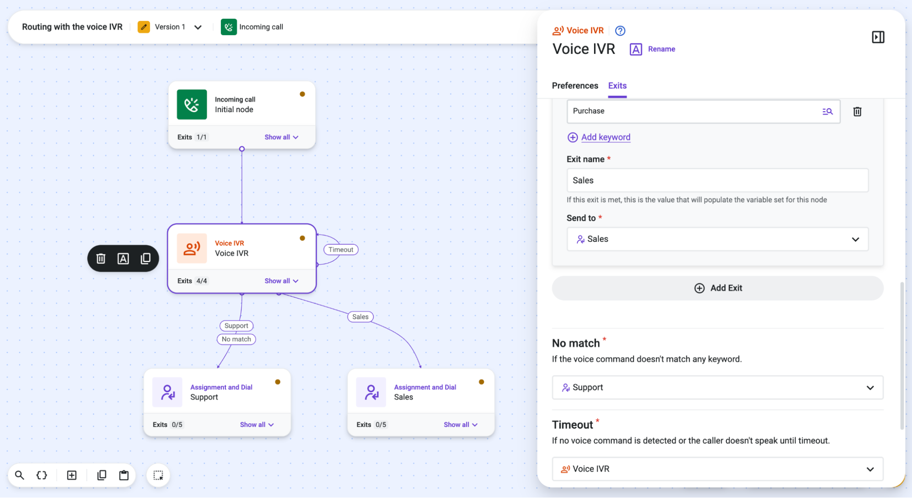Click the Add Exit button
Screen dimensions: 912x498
click(718, 288)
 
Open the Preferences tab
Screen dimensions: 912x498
click(575, 86)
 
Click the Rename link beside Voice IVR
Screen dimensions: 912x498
click(662, 49)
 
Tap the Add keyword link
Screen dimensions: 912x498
click(605, 137)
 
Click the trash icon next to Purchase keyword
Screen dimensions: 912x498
click(857, 112)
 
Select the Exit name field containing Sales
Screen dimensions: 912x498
click(717, 181)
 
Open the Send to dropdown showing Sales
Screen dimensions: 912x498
click(717, 239)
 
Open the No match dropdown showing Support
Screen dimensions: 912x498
click(717, 388)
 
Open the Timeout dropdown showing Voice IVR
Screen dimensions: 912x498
click(717, 469)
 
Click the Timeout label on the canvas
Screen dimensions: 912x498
click(341, 250)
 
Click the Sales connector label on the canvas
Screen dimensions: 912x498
click(360, 317)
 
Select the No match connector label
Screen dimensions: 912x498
click(236, 339)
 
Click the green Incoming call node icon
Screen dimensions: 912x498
click(192, 105)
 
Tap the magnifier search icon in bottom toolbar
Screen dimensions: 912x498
click(20, 476)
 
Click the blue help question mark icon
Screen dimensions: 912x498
click(620, 31)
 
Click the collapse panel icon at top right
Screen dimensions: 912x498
click(878, 37)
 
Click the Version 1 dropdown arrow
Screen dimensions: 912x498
click(198, 27)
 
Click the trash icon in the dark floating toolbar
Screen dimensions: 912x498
click(101, 259)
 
